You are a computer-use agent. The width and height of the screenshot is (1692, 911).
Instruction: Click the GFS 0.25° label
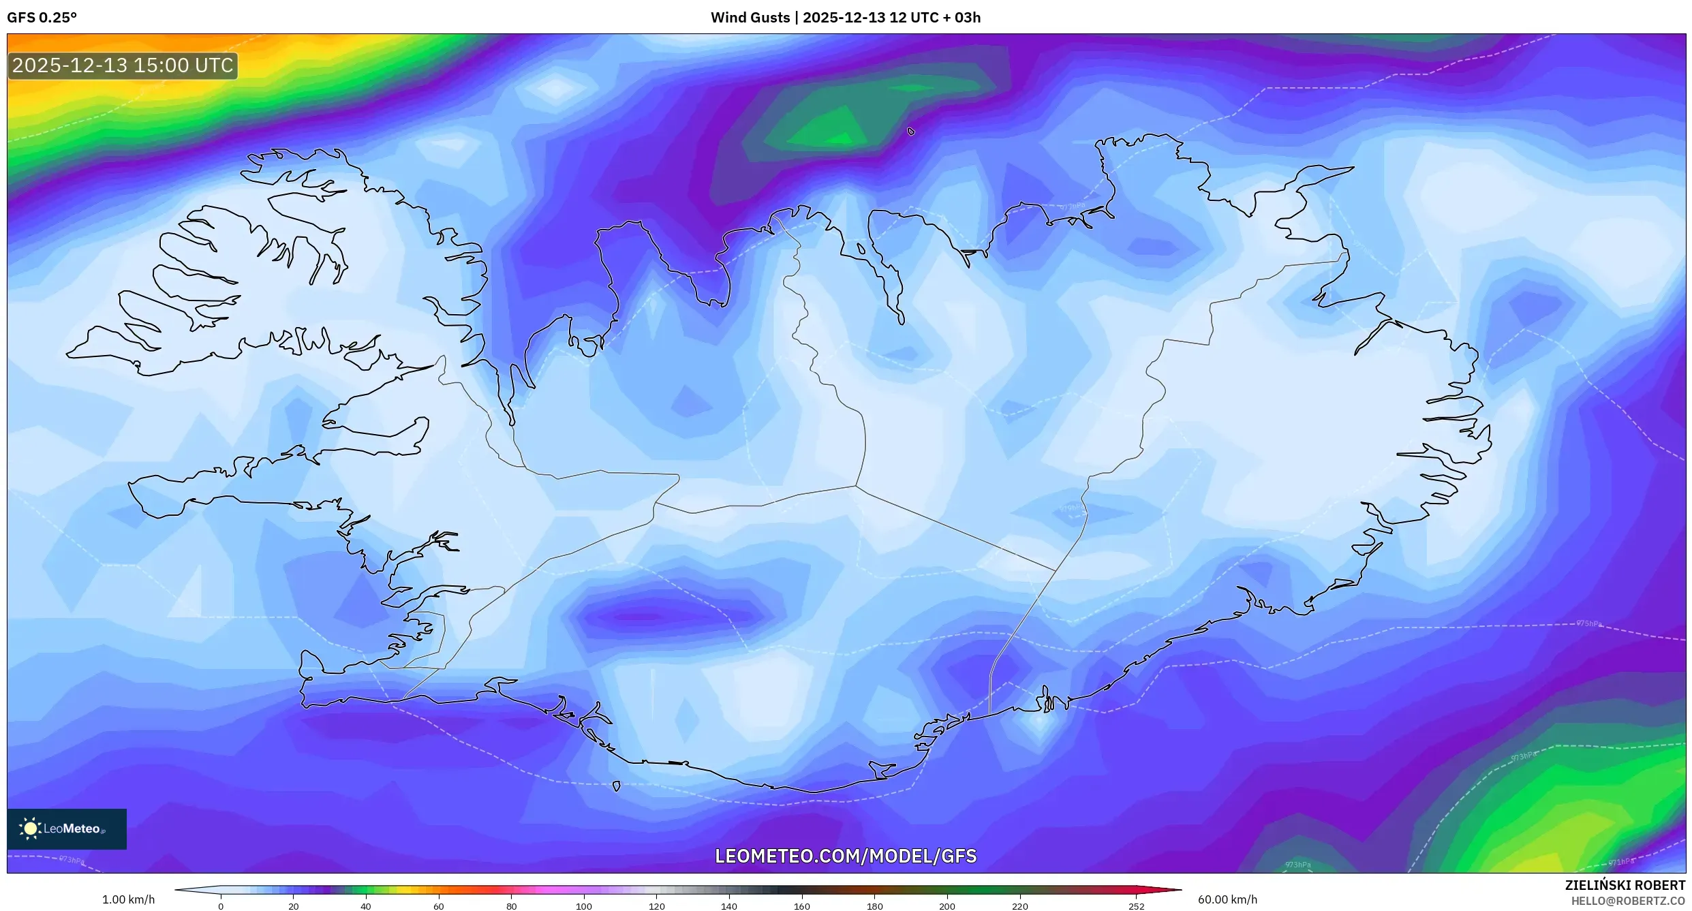42,18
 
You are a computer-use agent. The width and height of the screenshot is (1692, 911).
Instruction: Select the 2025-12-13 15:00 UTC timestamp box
123,66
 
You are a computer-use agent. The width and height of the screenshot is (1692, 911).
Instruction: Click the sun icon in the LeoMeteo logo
30,829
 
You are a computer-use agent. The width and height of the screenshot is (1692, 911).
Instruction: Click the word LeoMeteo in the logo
72,829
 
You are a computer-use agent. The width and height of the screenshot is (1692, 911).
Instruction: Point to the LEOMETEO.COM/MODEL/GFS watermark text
846,856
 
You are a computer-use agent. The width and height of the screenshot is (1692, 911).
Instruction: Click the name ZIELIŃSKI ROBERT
1625,885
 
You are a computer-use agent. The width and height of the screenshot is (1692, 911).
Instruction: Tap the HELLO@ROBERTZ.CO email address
1628,901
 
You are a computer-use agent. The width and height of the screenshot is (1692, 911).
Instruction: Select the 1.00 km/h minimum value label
128,899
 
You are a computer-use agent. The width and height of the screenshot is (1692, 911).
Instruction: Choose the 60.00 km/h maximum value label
1227,899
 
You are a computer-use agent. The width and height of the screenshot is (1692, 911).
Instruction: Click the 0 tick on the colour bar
221,906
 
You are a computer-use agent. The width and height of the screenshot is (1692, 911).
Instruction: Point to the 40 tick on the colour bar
366,906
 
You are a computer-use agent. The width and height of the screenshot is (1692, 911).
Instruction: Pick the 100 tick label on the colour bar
584,906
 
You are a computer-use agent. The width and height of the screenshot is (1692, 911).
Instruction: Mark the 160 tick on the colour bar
802,906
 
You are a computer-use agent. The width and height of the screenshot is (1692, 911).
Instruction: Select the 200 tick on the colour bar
947,906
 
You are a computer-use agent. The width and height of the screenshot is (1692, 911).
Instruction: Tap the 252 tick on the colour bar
1136,906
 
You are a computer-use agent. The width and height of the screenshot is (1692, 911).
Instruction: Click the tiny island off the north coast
911,132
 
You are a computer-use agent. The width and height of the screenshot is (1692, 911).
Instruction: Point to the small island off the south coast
617,786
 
